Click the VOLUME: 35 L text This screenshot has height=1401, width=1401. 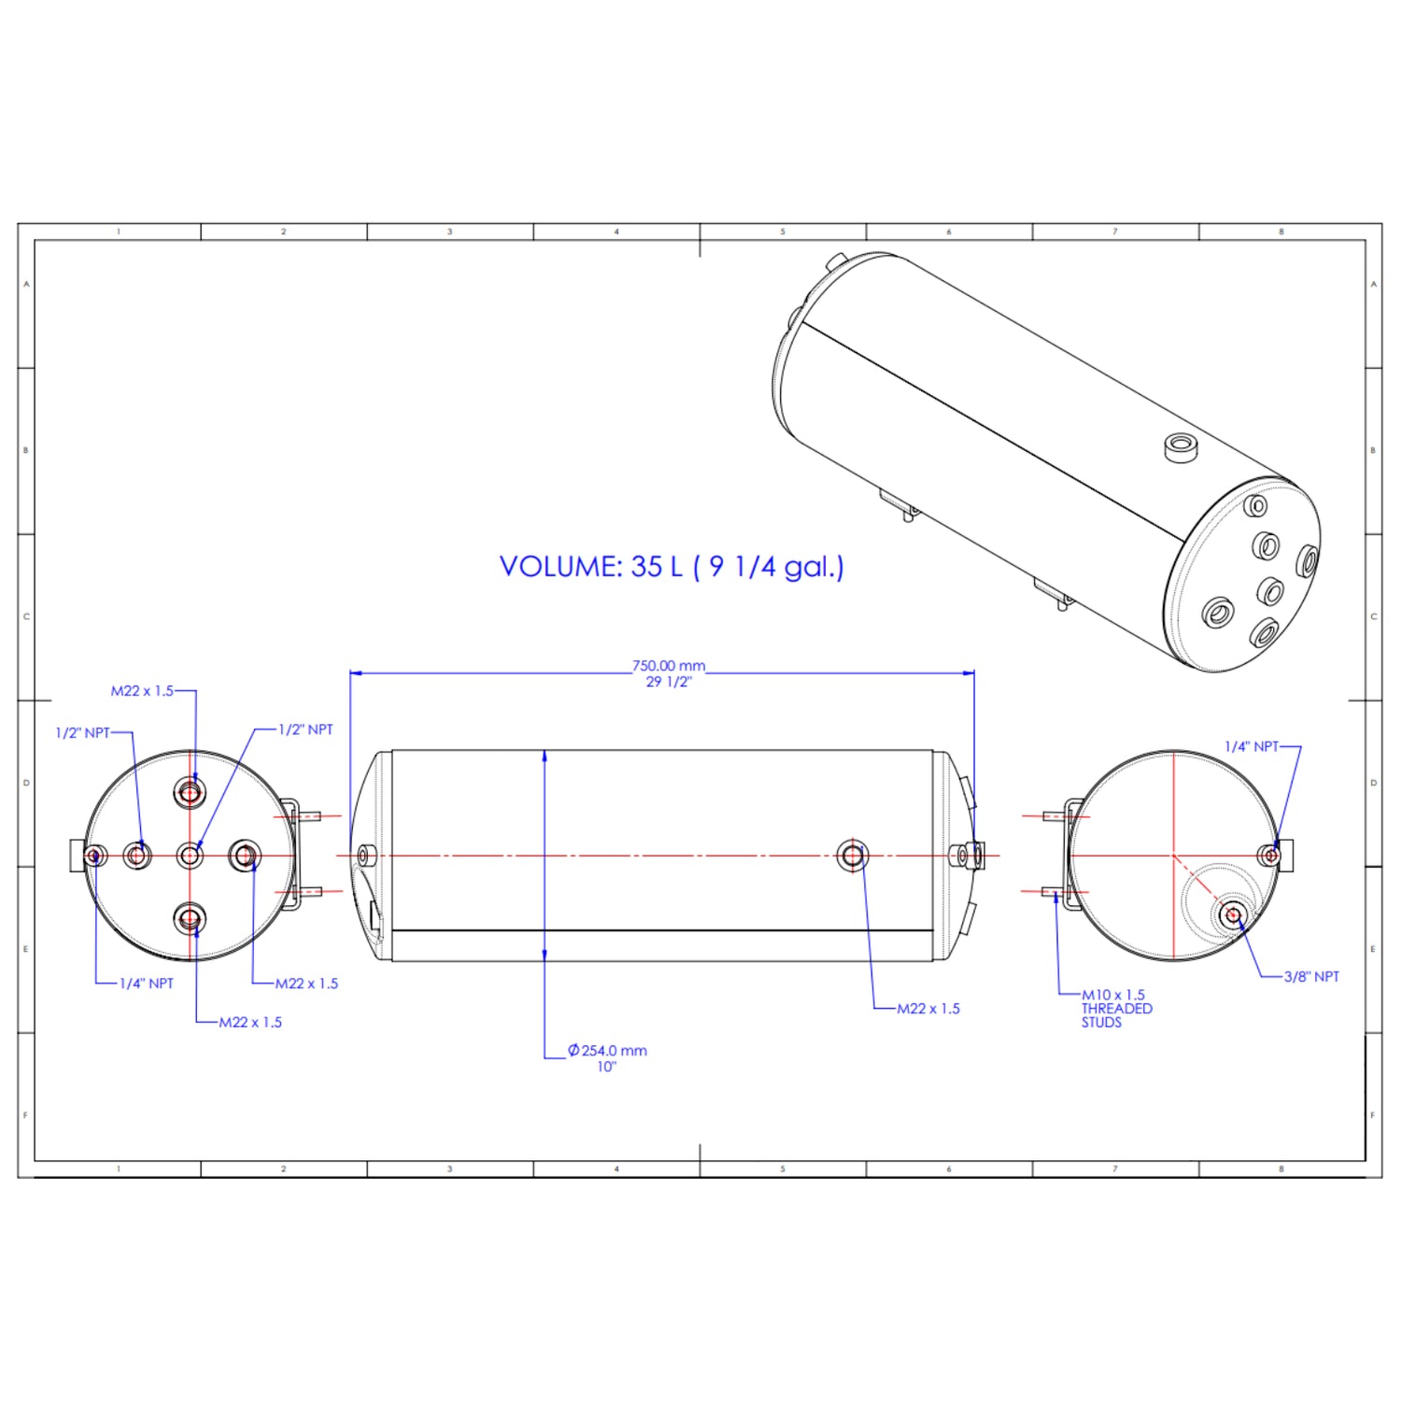591,567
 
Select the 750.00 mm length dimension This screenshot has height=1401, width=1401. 669,666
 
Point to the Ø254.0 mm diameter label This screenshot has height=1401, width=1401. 607,1051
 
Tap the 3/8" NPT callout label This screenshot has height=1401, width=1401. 1311,977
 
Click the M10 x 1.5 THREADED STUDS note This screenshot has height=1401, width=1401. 1117,1009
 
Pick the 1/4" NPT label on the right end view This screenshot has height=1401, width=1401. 1252,746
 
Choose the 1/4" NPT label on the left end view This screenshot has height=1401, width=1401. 147,984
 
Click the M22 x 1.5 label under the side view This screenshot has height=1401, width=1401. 928,1009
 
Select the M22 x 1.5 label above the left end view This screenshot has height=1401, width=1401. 142,691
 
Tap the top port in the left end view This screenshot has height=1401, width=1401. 190,793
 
